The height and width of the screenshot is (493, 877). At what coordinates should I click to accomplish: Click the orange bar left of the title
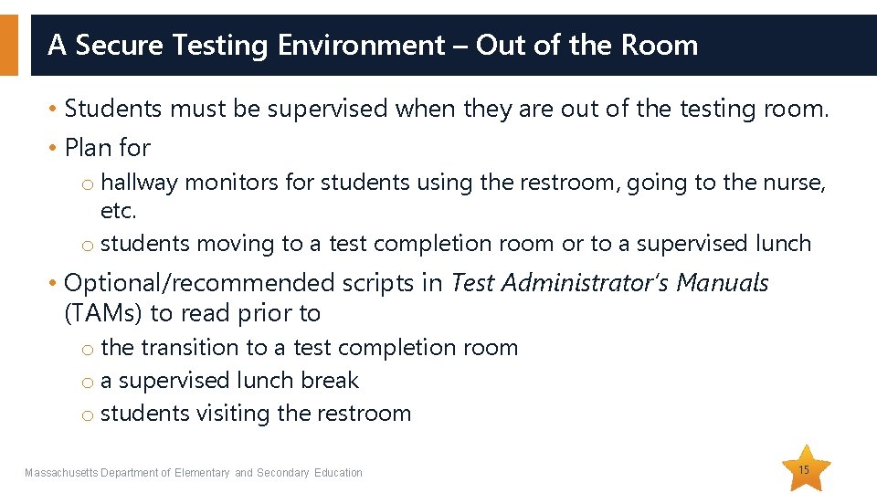[x=8, y=45]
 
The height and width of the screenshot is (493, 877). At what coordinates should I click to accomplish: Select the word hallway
[x=139, y=183]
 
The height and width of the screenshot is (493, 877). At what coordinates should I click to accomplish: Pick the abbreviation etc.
[x=118, y=211]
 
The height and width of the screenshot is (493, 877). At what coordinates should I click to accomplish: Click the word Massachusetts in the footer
[x=60, y=473]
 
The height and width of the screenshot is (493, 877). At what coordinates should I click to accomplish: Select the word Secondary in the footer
[x=283, y=473]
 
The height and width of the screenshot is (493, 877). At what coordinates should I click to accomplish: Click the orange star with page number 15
[x=804, y=468]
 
